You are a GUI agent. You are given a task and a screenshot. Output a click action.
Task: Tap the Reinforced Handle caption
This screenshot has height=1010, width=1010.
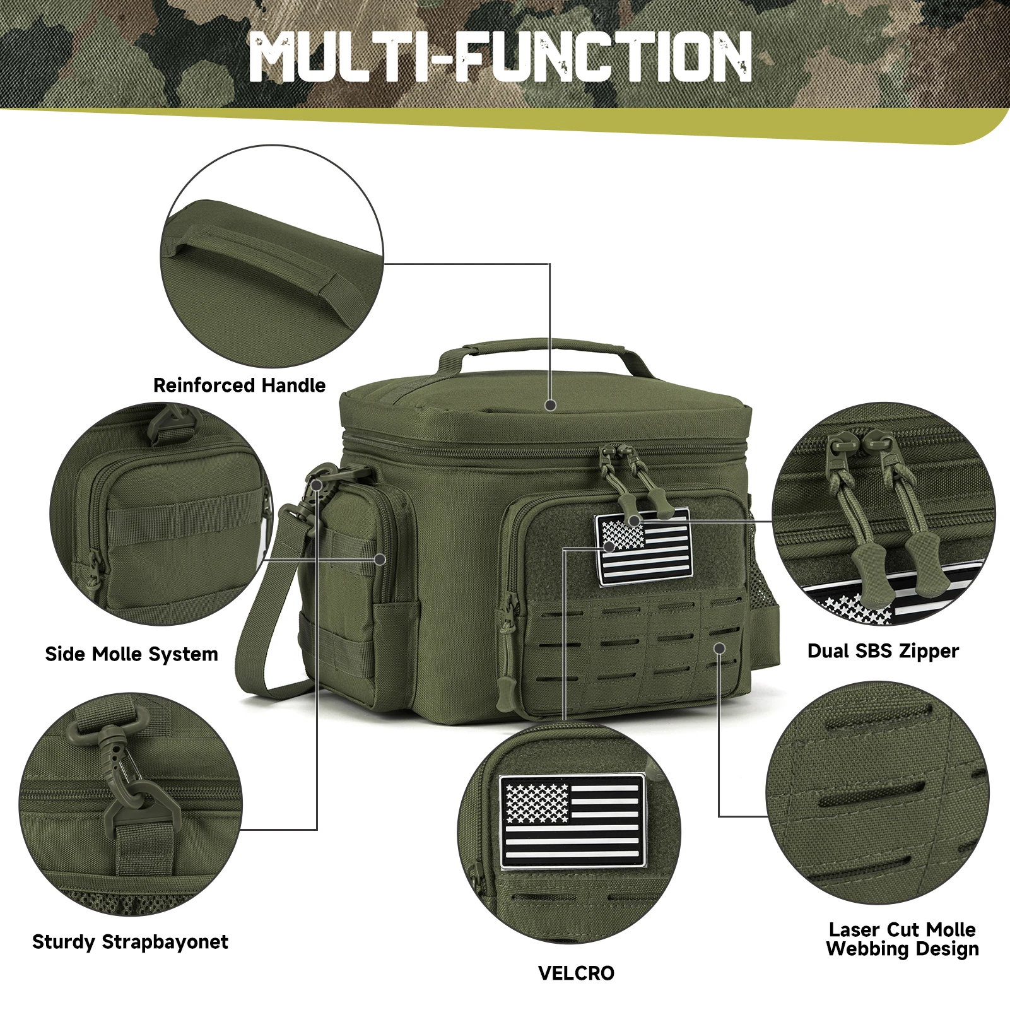[x=239, y=385]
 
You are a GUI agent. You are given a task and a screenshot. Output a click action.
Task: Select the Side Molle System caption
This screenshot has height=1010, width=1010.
[x=131, y=654]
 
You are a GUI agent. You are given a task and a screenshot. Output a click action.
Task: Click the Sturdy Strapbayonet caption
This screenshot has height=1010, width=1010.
[x=130, y=941]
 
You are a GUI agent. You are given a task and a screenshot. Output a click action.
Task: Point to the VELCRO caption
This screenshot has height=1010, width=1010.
[x=576, y=973]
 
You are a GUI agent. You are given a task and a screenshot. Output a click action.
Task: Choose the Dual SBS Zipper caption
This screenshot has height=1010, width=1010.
[x=883, y=650]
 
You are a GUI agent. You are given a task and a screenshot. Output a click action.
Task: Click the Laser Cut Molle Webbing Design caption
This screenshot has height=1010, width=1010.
[x=902, y=939]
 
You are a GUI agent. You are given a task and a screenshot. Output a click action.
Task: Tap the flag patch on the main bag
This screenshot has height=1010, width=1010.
[x=644, y=548]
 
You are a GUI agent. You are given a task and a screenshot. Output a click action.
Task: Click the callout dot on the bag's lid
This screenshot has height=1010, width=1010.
[x=550, y=405]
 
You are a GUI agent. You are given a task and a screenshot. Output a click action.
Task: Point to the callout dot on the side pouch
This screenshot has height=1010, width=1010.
[x=380, y=560]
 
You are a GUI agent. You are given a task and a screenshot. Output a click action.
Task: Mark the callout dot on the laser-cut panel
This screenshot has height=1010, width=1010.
[x=719, y=648]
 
